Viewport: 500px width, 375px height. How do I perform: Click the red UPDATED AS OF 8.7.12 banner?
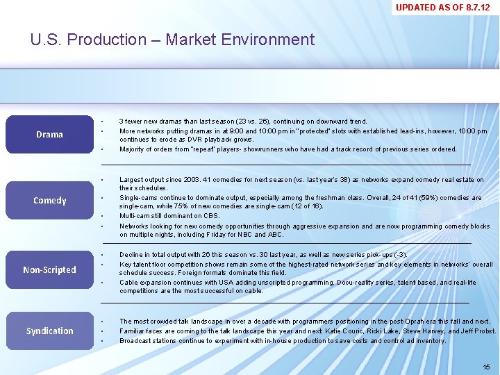442,8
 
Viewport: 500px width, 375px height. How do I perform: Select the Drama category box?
49,134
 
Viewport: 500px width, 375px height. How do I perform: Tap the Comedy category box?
49,201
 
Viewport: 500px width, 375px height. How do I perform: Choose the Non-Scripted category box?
49,270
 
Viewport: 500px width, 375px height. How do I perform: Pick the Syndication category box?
49,331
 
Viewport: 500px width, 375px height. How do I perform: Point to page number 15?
485,367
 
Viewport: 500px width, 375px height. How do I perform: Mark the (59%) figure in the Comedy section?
428,198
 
